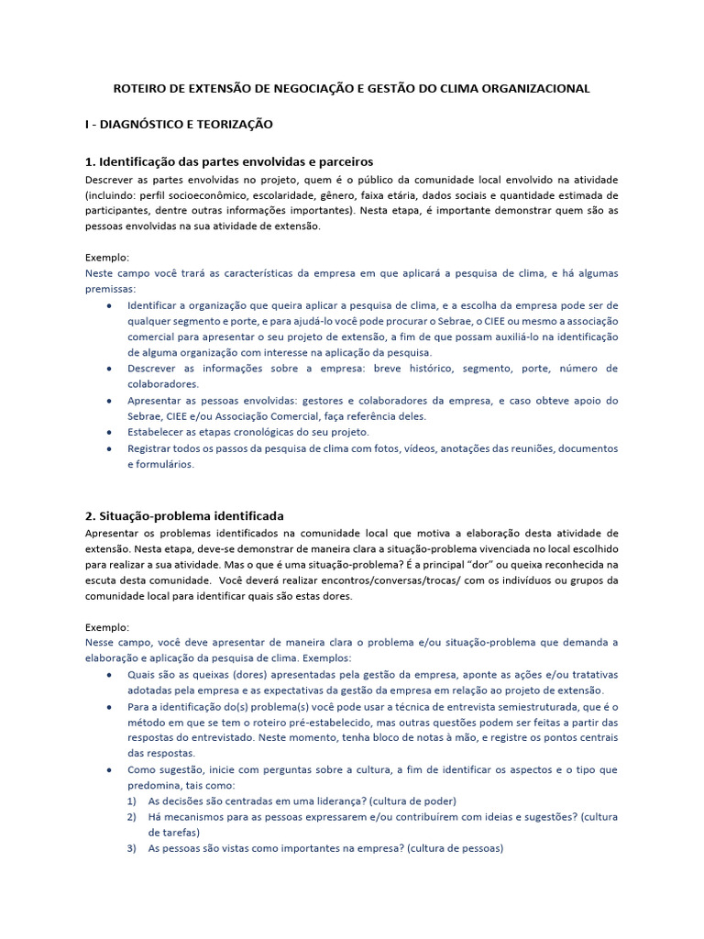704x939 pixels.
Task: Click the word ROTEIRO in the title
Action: (x=140, y=89)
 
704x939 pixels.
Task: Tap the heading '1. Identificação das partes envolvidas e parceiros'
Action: (x=229, y=161)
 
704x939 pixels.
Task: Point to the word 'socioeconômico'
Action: (x=220, y=195)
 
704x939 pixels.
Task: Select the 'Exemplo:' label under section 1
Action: (x=107, y=257)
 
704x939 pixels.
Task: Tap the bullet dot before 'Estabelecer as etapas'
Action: (x=110, y=432)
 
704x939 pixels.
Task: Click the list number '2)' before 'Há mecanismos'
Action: (x=132, y=816)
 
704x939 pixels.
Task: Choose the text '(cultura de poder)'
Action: (x=410, y=801)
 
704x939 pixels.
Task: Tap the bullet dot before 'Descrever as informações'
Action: (x=110, y=369)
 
